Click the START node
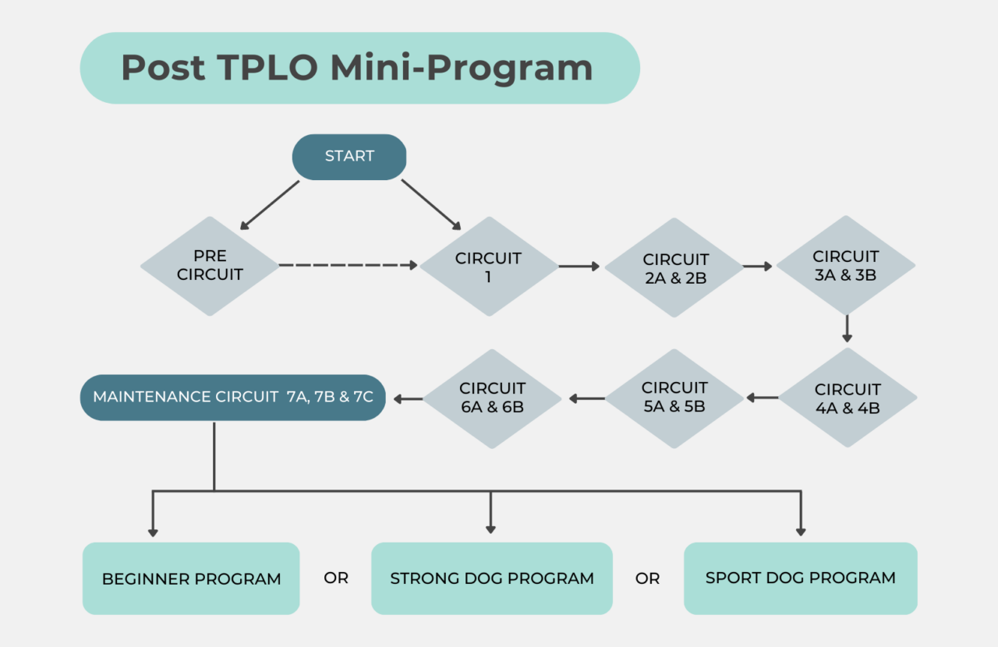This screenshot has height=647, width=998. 349,157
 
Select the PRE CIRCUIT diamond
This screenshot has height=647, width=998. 210,266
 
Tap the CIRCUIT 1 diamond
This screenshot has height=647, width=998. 489,267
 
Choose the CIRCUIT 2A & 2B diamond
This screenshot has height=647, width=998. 675,267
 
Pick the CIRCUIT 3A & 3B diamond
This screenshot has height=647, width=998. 846,265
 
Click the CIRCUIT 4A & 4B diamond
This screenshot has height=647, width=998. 848,398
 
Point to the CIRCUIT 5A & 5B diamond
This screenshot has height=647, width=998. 674,398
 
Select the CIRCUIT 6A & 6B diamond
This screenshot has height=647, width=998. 492,398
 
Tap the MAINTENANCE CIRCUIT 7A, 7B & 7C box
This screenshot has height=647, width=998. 233,398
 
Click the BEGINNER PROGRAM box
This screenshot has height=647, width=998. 191,579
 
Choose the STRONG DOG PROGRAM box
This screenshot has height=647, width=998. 492,579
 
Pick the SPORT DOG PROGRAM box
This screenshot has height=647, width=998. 801,578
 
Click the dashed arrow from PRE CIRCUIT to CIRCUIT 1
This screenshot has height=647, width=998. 348,266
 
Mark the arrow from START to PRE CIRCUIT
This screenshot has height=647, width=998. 270,205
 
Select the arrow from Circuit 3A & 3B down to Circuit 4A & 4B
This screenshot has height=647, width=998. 847,328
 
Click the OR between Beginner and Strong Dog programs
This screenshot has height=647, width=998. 336,578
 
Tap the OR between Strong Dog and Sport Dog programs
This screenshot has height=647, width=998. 648,578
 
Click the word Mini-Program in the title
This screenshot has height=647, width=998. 462,68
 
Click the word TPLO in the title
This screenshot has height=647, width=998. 267,68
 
